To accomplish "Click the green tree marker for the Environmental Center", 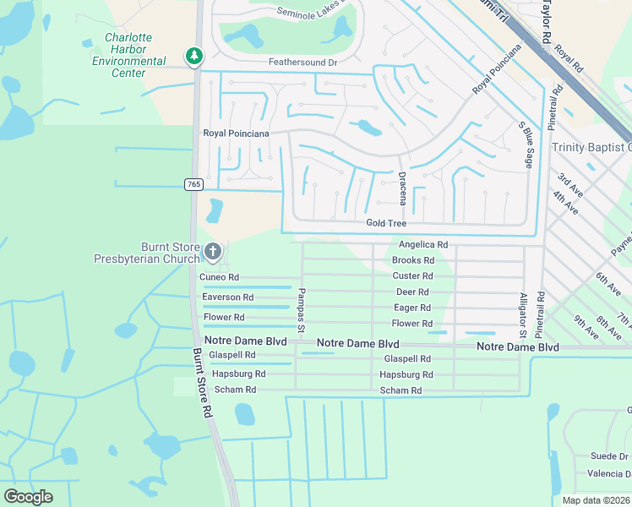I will pyautogui.click(x=195, y=57).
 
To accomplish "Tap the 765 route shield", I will pyautogui.click(x=194, y=184).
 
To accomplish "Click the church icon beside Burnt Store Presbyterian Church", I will pyautogui.click(x=213, y=251).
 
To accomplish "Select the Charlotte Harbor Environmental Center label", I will pyautogui.click(x=128, y=55).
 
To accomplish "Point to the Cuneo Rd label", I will pyautogui.click(x=219, y=277).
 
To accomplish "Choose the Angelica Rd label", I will pyautogui.click(x=422, y=244).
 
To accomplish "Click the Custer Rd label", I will pyautogui.click(x=412, y=276).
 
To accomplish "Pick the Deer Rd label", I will pyautogui.click(x=413, y=292).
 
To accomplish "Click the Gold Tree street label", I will pyautogui.click(x=386, y=223).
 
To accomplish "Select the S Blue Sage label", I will pyautogui.click(x=526, y=144).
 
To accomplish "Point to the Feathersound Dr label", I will pyautogui.click(x=302, y=63).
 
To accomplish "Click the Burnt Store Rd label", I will pyautogui.click(x=201, y=384).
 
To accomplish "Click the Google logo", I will pyautogui.click(x=28, y=497).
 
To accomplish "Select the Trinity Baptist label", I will pyautogui.click(x=591, y=147).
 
